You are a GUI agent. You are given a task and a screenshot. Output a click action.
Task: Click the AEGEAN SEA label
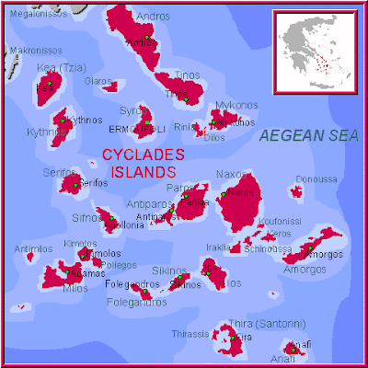(308, 135)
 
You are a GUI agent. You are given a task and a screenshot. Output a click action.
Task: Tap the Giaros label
(98, 80)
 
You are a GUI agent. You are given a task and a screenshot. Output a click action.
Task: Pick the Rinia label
(185, 127)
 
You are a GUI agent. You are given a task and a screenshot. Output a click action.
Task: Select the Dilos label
(213, 138)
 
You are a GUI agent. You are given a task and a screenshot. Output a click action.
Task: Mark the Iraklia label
(218, 247)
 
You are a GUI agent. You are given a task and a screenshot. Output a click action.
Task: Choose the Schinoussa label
(270, 248)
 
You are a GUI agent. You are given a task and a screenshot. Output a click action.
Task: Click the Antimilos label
(33, 248)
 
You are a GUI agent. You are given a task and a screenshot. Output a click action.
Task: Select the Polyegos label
(120, 265)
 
